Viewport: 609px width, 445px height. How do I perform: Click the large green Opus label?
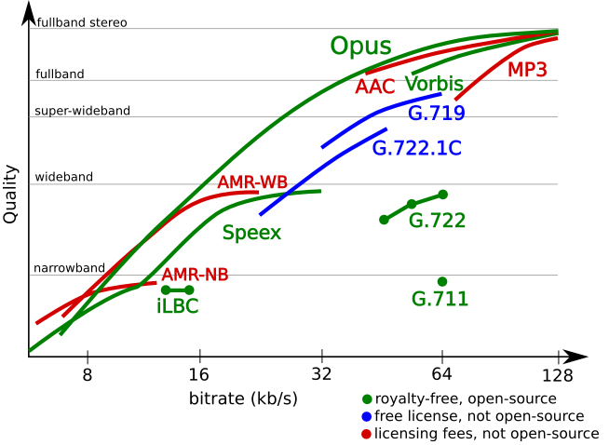pos(360,47)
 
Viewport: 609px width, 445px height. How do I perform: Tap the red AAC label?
pos(373,87)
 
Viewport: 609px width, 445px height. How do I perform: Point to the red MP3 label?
pos(527,70)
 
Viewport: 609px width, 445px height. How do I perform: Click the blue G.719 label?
pos(437,114)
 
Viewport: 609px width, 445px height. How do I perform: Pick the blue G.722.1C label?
pos(416,148)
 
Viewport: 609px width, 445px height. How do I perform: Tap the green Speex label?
pos(251,233)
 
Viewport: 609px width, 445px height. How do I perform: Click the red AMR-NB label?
pos(195,275)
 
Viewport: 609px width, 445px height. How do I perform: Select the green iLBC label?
pos(177,305)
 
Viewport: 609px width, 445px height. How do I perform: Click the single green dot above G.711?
pos(441,281)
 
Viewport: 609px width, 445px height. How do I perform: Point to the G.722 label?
pos(437,222)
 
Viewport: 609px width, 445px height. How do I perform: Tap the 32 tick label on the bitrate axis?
pos(321,376)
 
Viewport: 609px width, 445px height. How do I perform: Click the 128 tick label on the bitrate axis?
pos(557,376)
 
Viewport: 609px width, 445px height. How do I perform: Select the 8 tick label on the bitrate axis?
pos(88,376)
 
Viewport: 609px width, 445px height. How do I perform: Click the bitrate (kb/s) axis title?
pos(242,398)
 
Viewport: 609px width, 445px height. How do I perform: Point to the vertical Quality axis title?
pos(11,193)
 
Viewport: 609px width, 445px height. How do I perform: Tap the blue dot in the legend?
pos(368,416)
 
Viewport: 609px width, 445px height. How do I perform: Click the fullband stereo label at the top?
pos(82,22)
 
